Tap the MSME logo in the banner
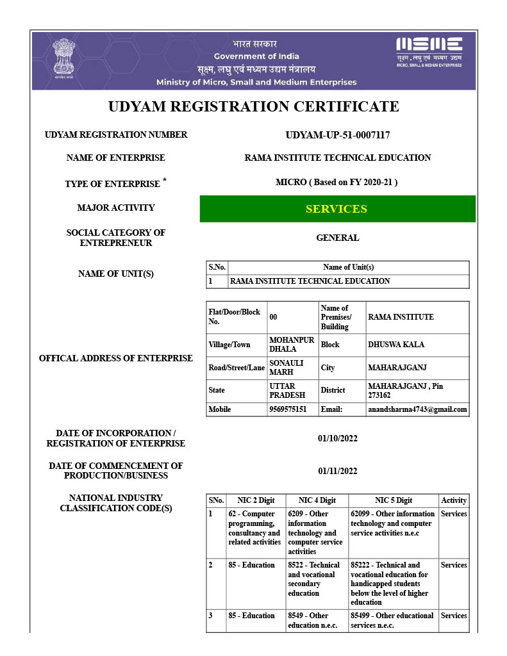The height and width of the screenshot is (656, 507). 429,51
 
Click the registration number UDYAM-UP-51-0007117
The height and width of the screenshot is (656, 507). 337,135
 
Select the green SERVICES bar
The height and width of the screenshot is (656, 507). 337,209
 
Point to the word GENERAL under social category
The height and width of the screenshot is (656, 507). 337,238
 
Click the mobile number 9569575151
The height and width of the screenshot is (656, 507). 288,409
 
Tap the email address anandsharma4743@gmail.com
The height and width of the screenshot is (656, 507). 417,409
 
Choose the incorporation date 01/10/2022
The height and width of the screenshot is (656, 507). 337,438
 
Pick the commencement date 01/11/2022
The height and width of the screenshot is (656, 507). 337,471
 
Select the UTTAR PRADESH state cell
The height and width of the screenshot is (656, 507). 283,390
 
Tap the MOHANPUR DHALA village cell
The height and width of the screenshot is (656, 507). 292,344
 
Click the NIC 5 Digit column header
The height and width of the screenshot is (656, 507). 393,500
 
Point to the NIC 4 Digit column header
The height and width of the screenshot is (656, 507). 317,500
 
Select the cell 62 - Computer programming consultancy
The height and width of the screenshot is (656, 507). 254,528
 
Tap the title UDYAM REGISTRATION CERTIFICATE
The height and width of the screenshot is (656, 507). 253,106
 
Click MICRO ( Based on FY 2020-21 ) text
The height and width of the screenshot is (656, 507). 337,182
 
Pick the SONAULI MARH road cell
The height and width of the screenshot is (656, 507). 286,367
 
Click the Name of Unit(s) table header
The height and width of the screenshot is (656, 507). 348,267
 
